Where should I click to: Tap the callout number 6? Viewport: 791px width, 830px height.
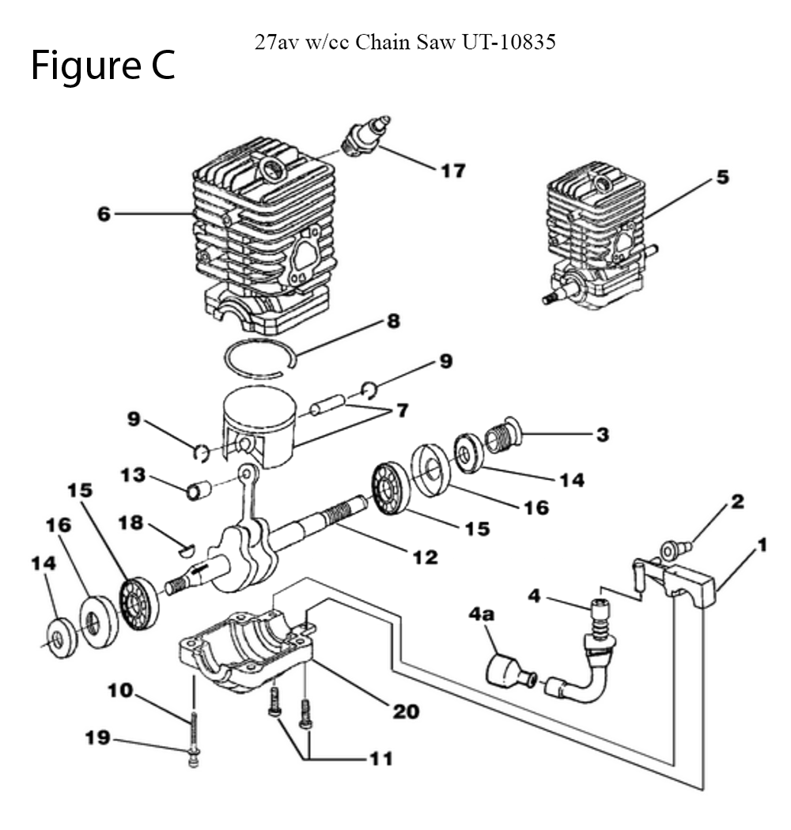coord(104,214)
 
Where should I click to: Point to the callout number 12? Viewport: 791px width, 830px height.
coord(426,556)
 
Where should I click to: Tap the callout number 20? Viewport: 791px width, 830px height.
coord(406,711)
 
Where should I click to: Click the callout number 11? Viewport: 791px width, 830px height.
coord(381,759)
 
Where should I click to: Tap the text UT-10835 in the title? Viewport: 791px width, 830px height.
coord(509,41)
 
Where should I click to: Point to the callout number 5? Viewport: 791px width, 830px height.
coord(723,177)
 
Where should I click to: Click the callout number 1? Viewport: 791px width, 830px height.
coord(762,545)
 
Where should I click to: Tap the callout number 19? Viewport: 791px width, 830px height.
coord(98,738)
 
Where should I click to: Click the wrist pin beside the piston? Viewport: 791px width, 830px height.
coord(328,405)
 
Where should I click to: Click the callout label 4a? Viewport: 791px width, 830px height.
coord(481,614)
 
